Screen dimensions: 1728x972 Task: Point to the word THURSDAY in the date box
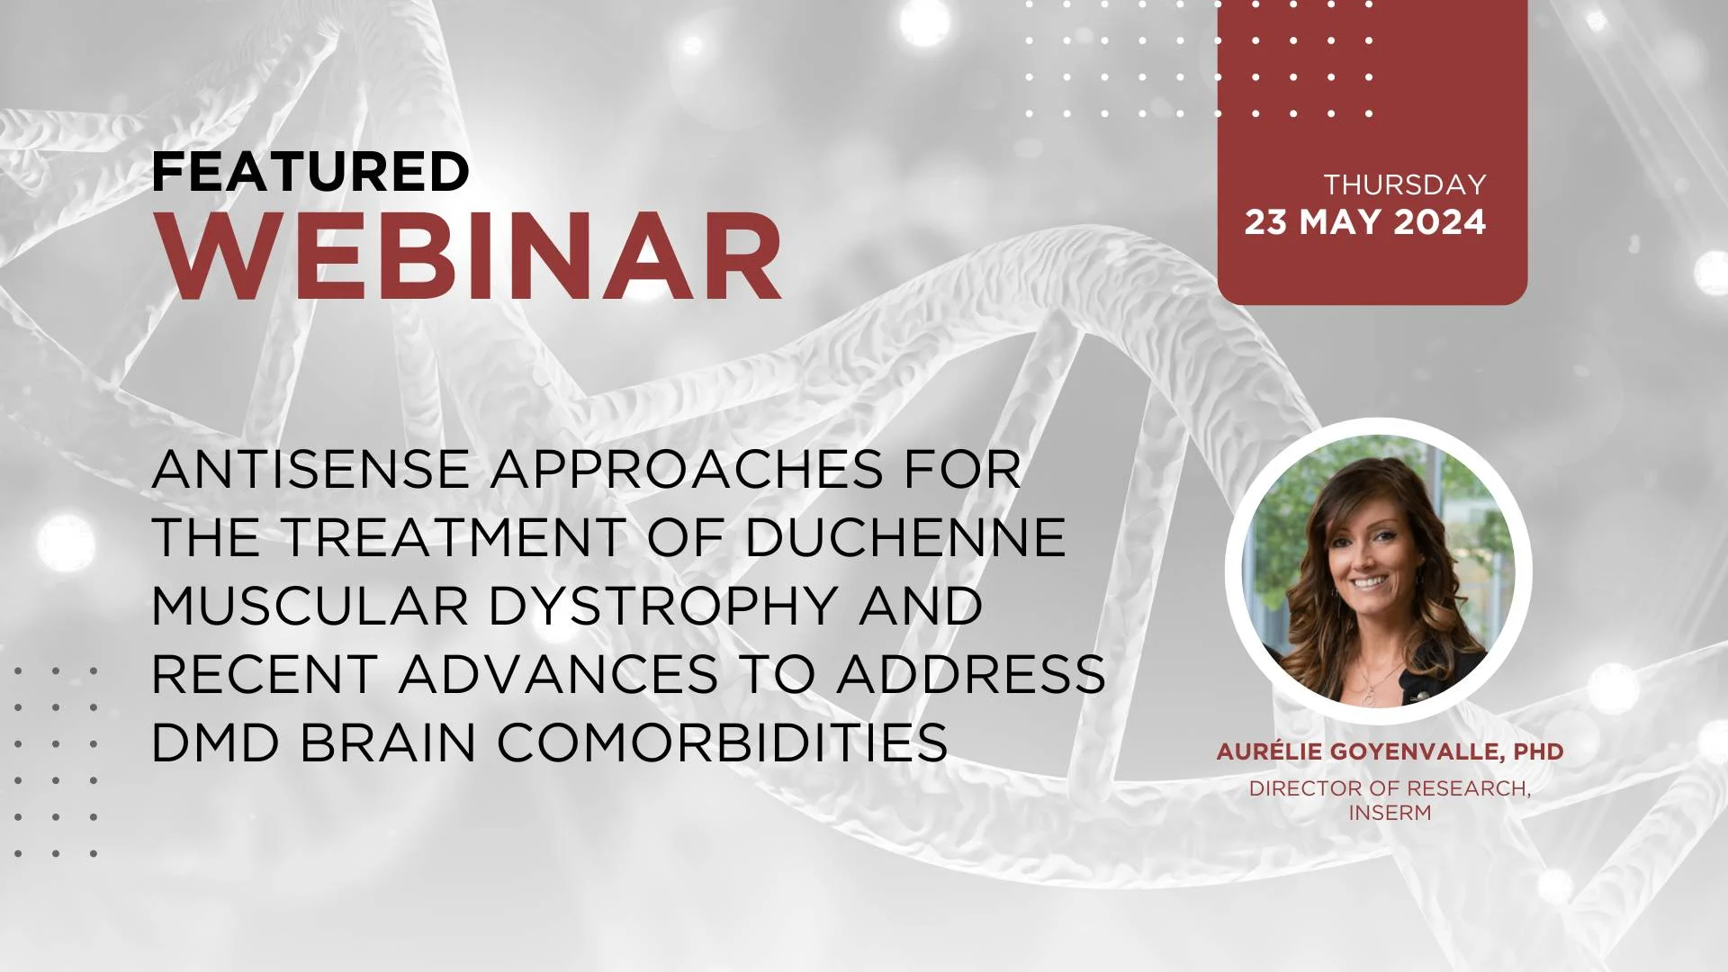1405,184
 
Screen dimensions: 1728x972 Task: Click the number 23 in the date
1266,222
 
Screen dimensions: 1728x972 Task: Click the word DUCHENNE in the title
905,537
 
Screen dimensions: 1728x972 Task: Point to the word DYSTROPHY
663,606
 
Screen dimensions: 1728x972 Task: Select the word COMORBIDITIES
723,742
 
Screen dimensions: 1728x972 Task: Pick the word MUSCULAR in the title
310,606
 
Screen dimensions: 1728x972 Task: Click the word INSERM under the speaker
1390,813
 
